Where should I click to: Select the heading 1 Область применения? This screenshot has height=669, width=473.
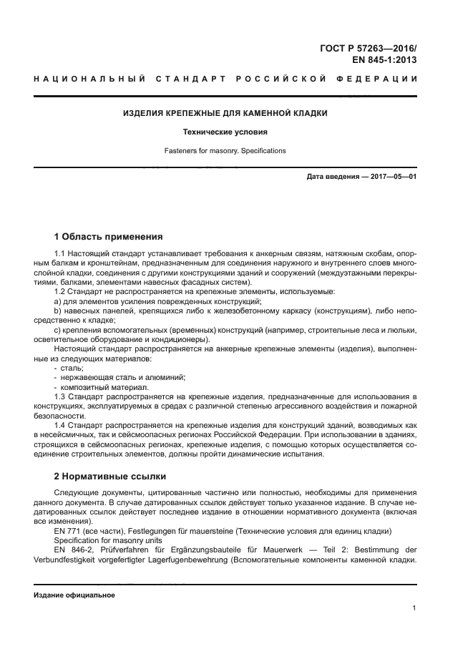(109, 237)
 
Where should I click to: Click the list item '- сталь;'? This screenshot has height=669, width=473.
(69, 367)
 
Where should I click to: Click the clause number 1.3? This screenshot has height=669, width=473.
(61, 396)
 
